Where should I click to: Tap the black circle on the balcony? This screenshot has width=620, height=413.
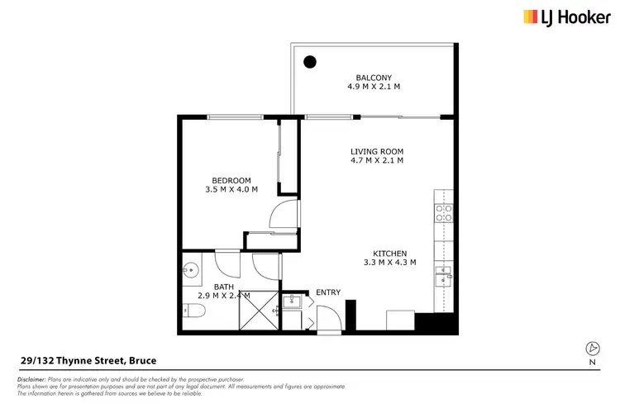click(309, 61)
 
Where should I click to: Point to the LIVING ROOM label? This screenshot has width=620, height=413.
click(376, 151)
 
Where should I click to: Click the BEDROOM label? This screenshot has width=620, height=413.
click(231, 180)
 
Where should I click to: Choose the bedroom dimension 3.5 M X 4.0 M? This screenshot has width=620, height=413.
click(231, 190)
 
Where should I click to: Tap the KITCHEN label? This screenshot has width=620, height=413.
click(389, 254)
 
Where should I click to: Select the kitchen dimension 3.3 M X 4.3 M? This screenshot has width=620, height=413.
click(389, 263)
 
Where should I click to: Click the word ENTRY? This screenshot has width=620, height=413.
click(327, 292)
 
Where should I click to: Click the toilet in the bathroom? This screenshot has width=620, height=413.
click(193, 311)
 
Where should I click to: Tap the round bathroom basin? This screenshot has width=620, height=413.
click(191, 268)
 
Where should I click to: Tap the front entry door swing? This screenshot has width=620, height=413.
click(326, 318)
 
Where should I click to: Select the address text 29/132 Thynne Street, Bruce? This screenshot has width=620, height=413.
click(88, 361)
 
